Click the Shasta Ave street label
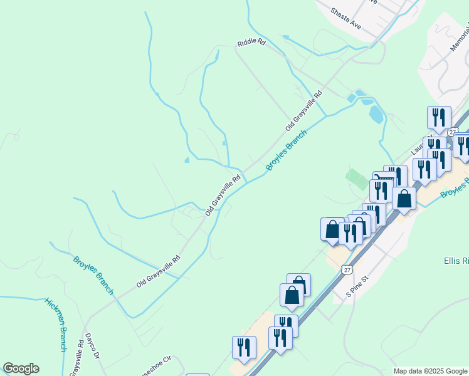point(345,20)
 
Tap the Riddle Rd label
point(251,43)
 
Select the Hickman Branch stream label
point(56,323)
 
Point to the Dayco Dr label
point(92,346)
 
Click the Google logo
point(21,368)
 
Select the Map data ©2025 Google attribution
point(430,371)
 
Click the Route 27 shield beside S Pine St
point(347,269)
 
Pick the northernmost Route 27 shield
point(452,131)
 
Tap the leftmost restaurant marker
point(244,348)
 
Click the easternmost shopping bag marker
point(404,199)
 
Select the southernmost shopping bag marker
point(292,295)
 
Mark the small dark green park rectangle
point(357,179)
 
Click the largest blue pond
point(376,113)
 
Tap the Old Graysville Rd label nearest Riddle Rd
point(303,110)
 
